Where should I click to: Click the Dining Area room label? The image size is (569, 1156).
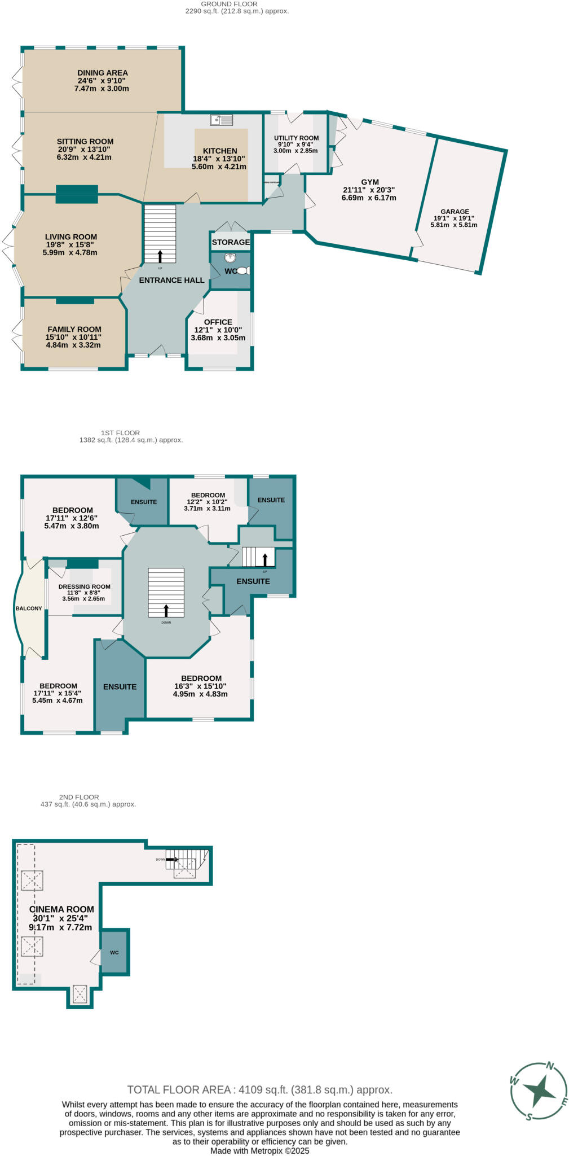point(103,73)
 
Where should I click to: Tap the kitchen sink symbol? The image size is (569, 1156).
point(222,120)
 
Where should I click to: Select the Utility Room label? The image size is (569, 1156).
point(296,138)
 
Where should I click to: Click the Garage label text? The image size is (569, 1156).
point(455,212)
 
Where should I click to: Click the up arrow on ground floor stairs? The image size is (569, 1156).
point(160,256)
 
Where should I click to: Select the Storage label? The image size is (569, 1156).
point(231,242)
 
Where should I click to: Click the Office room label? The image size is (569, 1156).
point(218,322)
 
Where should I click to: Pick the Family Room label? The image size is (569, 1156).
point(74,329)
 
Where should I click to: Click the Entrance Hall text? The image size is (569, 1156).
point(171,280)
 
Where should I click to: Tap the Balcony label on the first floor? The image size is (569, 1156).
point(29,608)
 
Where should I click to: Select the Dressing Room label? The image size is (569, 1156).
point(85,586)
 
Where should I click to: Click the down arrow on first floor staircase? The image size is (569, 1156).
point(166,610)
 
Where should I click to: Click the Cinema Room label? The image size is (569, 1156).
point(61,909)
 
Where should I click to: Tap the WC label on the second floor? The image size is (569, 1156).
point(114,953)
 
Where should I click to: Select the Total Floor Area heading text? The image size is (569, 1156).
point(259,1090)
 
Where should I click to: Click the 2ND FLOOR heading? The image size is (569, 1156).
point(79,797)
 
